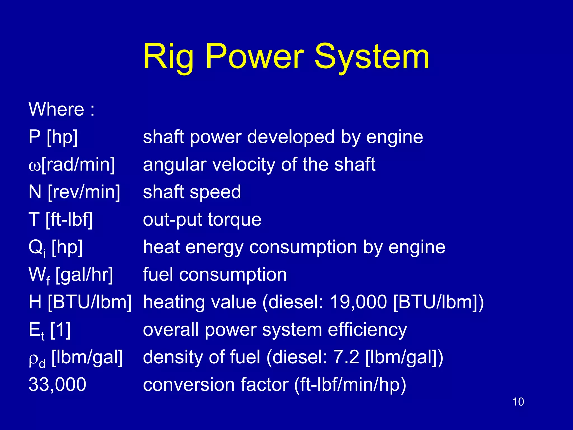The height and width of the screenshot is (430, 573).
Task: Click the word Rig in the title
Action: pos(168,57)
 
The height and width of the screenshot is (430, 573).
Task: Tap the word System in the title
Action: pos(372,57)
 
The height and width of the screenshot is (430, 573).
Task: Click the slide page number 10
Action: pos(518,402)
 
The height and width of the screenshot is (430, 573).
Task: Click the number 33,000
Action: pos(57,385)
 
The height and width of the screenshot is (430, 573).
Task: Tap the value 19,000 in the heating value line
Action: pos(358,302)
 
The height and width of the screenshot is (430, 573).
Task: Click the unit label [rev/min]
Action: pos(84,192)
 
